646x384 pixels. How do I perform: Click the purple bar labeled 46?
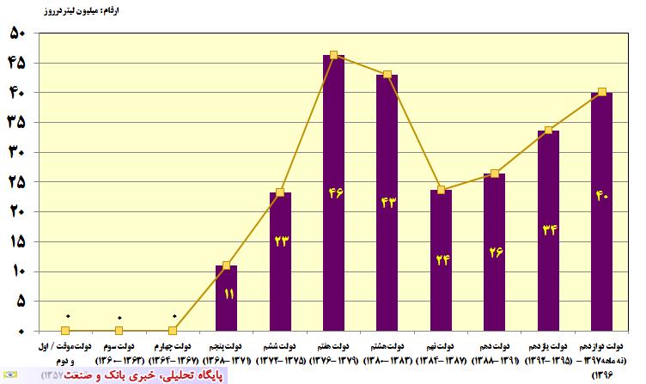(334, 193)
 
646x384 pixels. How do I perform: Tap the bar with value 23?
(280, 261)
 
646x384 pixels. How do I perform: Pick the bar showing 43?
(387, 203)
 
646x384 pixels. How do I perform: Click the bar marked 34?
(548, 230)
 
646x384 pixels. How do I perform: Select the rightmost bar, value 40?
(602, 211)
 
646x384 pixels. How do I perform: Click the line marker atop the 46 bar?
(334, 55)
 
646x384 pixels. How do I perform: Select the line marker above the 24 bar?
(441, 190)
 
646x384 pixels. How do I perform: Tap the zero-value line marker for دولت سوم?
(119, 331)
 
